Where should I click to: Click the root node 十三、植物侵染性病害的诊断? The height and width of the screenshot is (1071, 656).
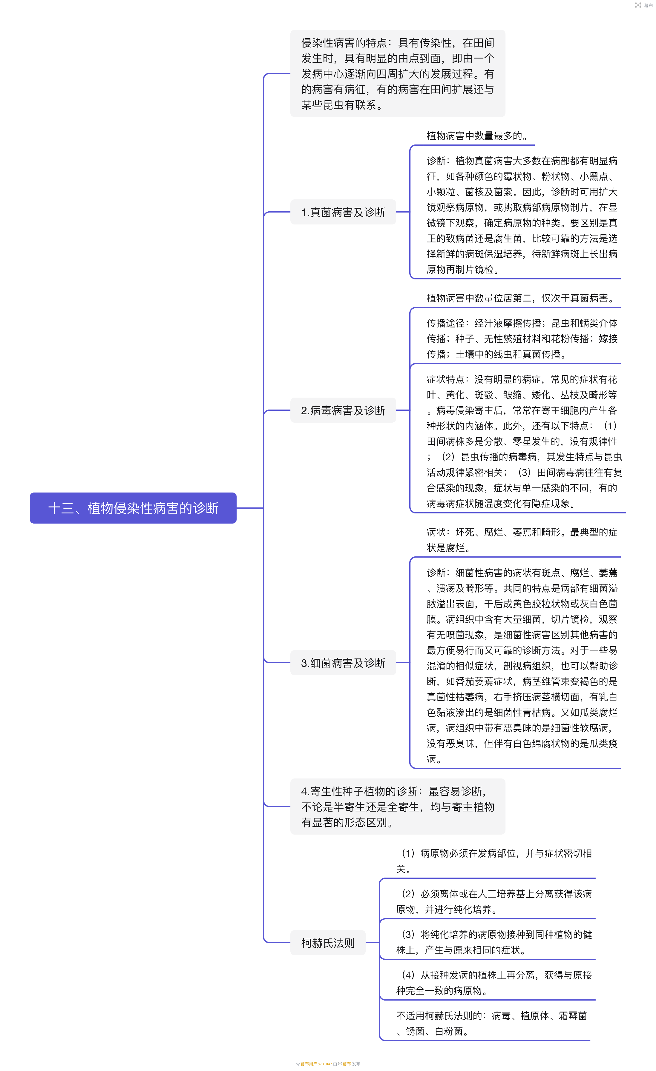(x=133, y=508)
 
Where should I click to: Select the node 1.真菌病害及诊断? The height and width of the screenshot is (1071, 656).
(x=343, y=212)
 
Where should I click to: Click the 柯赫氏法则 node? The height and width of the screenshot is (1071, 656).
(x=328, y=943)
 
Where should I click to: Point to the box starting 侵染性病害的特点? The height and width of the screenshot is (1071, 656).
(x=397, y=73)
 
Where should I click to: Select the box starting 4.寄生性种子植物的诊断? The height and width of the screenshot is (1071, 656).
(x=397, y=807)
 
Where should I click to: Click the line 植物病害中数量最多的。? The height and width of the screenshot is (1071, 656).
(x=477, y=136)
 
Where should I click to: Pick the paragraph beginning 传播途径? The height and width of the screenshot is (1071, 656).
(x=522, y=338)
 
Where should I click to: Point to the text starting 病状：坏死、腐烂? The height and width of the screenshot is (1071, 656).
(x=522, y=540)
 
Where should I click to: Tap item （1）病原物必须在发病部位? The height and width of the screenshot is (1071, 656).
(x=494, y=861)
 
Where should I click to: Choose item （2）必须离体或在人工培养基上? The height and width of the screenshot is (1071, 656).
(x=494, y=901)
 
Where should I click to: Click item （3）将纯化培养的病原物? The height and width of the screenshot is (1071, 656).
(x=494, y=942)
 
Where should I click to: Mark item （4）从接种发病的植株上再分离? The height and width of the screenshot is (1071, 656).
(x=494, y=983)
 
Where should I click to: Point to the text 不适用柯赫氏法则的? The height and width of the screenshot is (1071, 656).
(x=492, y=1023)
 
